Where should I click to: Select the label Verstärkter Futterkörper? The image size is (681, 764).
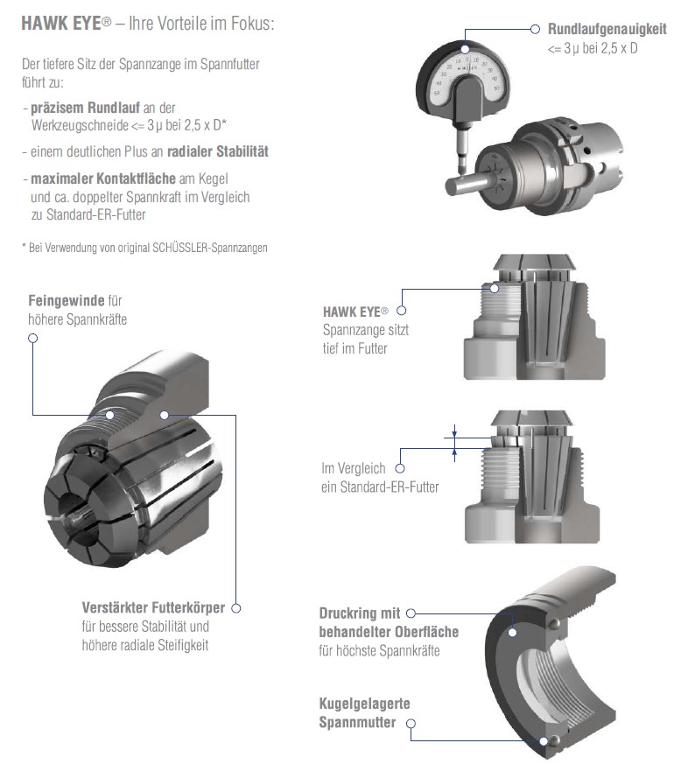click(152, 607)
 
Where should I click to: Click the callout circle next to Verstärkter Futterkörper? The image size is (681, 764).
click(235, 607)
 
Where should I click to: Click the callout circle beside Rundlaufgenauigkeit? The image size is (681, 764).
click(536, 29)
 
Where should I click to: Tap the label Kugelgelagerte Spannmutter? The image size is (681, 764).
click(364, 713)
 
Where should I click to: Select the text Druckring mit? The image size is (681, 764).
click(360, 613)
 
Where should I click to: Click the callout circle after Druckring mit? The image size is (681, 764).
click(411, 613)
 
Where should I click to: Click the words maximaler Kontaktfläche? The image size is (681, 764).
click(96, 179)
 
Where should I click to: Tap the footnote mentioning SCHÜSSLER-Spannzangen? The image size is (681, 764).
click(144, 248)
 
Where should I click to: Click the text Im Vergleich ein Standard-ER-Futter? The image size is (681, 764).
click(379, 478)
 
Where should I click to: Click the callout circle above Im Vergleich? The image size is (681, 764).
click(403, 450)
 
